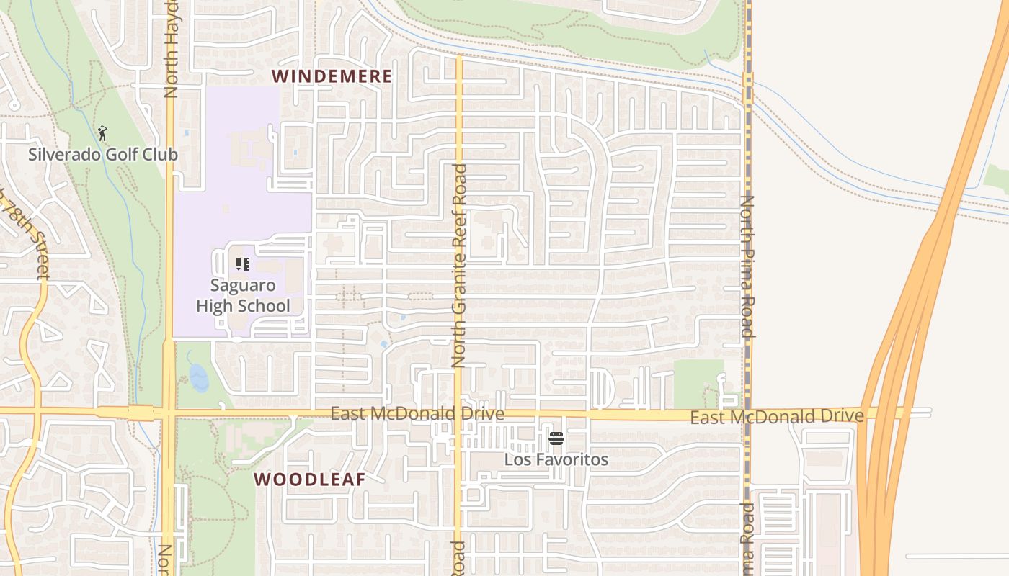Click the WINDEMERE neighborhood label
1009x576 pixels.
pyautogui.click(x=332, y=76)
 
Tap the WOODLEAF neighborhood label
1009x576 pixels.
pyautogui.click(x=309, y=479)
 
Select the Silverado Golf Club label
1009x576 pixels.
pyautogui.click(x=102, y=154)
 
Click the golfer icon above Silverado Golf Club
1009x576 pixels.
pyautogui.click(x=102, y=133)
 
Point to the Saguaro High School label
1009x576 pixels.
pyautogui.click(x=243, y=295)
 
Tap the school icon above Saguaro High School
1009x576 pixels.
pyautogui.click(x=243, y=264)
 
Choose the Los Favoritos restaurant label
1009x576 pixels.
pyautogui.click(x=556, y=459)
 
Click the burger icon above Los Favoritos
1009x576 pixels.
pyautogui.click(x=556, y=438)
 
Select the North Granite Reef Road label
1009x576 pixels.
pyautogui.click(x=459, y=266)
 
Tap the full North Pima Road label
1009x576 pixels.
pyautogui.click(x=747, y=266)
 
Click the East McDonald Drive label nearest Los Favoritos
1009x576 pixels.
pyautogui.click(x=417, y=414)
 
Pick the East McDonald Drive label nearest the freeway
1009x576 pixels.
pyautogui.click(x=776, y=417)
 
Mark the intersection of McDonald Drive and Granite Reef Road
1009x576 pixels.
pyautogui.click(x=458, y=414)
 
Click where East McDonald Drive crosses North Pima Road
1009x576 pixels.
pyautogui.click(x=747, y=415)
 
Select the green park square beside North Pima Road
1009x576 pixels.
pyautogui.click(x=697, y=382)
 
